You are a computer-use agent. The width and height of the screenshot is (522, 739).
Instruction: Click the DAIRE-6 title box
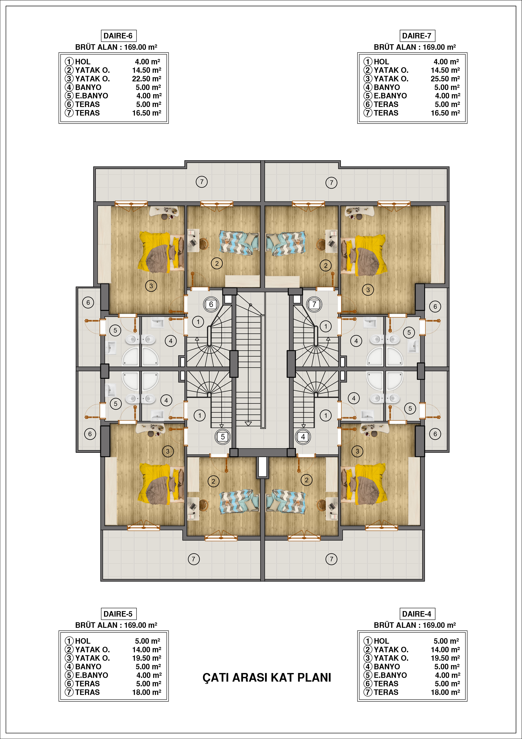[118, 36]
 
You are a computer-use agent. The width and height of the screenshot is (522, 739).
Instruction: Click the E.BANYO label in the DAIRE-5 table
[92, 675]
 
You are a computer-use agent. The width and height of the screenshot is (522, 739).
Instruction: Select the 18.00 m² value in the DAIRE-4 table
[445, 692]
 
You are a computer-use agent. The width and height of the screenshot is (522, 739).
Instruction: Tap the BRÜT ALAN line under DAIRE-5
[116, 625]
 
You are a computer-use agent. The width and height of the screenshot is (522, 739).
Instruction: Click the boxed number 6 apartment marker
[211, 304]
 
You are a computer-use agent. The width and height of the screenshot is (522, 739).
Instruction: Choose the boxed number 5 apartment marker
[223, 437]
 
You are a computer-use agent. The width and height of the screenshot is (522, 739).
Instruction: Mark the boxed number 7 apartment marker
[314, 304]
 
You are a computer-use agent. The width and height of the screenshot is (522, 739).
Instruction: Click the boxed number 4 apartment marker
[303, 437]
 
